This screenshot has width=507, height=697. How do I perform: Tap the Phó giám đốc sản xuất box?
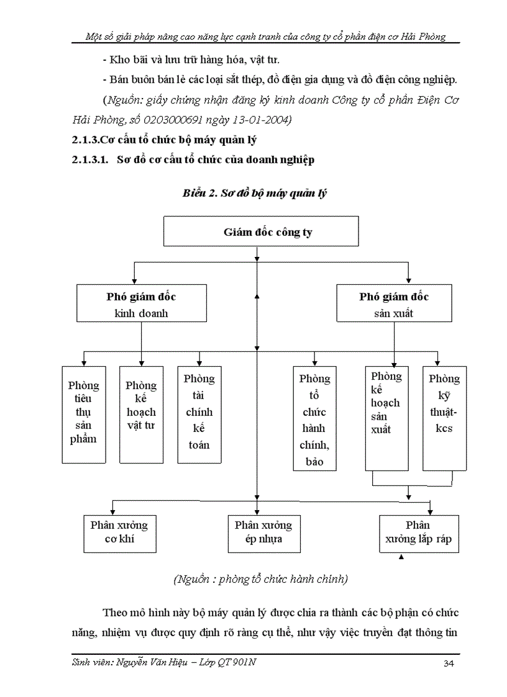(x=394, y=304)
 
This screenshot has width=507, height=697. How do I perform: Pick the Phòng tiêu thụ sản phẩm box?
(x=83, y=415)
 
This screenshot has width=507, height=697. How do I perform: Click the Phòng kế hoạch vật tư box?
(x=141, y=415)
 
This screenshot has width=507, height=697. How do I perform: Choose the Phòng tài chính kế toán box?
(x=199, y=415)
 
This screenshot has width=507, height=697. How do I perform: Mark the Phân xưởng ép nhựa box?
(x=263, y=532)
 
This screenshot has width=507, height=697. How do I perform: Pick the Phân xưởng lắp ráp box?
(x=418, y=533)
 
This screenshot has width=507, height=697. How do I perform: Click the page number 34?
(x=449, y=664)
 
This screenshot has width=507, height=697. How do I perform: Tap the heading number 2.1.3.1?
(x=91, y=160)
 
